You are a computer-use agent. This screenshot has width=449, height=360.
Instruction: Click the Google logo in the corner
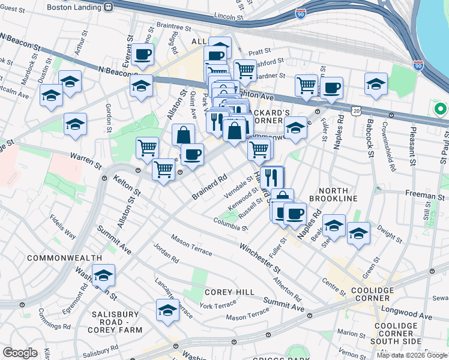(20, 353)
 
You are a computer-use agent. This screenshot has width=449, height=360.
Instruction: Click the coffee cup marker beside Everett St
(143, 55)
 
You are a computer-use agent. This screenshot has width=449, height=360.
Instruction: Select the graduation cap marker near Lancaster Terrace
(167, 310)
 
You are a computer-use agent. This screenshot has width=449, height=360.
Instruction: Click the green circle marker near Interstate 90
(441, 110)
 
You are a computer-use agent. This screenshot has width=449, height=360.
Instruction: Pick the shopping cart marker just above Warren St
(147, 148)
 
